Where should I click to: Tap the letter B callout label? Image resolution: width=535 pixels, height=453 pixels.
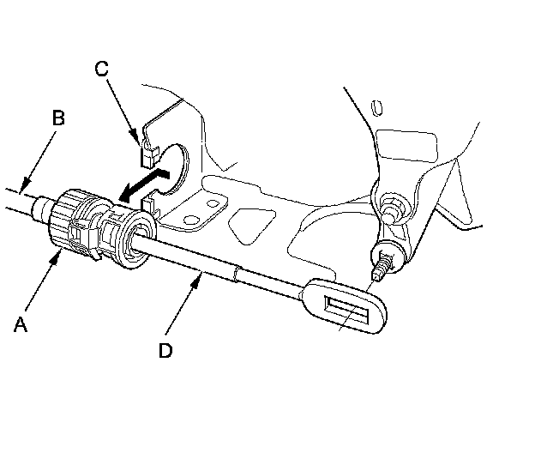(58, 118)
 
